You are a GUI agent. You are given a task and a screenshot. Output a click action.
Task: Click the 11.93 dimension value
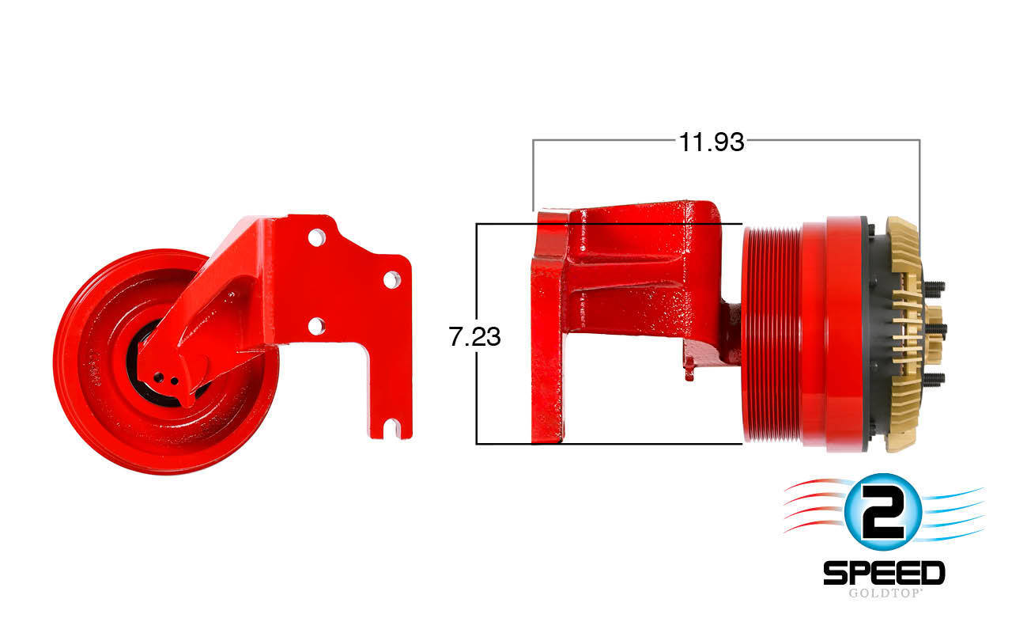click(x=712, y=142)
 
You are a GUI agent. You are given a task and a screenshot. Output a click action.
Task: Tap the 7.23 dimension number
click(x=474, y=337)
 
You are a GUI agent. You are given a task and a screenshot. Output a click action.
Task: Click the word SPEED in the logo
click(x=884, y=573)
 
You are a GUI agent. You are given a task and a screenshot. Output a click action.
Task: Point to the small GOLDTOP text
click(x=884, y=593)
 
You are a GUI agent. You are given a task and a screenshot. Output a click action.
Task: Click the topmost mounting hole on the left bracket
click(x=316, y=237)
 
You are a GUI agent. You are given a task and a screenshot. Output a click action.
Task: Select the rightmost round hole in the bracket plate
click(x=391, y=279)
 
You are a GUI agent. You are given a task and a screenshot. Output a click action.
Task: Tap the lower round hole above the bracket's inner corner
click(x=316, y=325)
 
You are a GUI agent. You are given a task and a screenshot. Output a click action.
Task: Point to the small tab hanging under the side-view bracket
click(x=689, y=370)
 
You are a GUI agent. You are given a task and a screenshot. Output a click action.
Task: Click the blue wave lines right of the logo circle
click(x=953, y=510)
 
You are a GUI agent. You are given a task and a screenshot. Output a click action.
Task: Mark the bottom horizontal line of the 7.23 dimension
click(x=609, y=444)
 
